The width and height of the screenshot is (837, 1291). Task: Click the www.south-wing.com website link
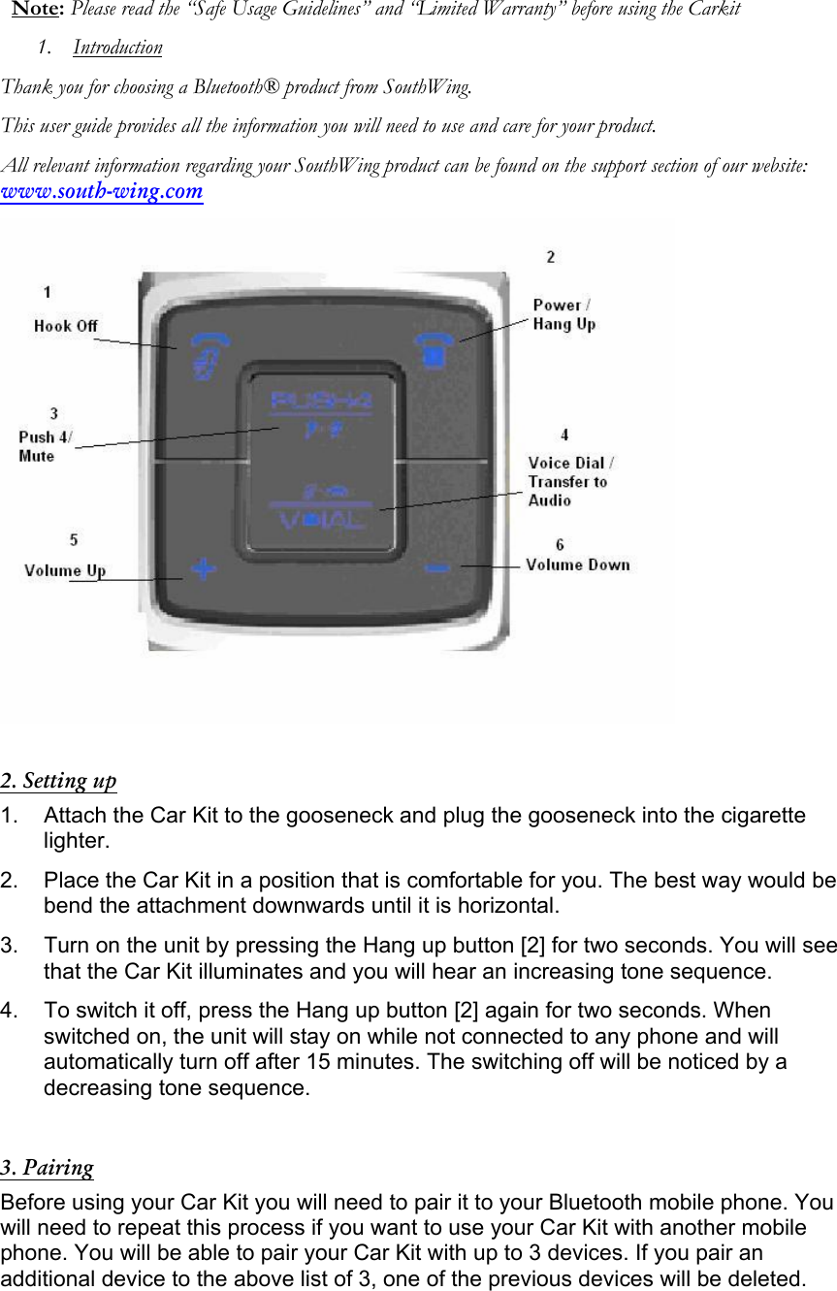tap(102, 191)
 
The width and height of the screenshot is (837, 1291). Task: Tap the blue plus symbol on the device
tap(202, 568)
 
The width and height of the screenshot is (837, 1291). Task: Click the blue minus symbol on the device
tap(437, 567)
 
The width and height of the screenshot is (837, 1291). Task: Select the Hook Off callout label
tap(66, 326)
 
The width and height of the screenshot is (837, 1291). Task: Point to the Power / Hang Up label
tap(563, 314)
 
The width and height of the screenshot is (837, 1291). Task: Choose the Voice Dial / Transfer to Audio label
tap(570, 481)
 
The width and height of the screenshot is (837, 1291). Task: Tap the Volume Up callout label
tap(65, 570)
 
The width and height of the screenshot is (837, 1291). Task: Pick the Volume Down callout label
tap(577, 565)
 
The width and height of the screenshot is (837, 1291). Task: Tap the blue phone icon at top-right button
tap(434, 350)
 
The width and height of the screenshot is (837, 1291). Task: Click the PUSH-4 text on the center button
tap(320, 399)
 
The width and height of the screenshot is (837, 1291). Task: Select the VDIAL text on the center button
tap(323, 520)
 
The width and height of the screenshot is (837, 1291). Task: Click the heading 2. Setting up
tap(58, 781)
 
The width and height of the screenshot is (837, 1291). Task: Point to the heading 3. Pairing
tap(48, 1167)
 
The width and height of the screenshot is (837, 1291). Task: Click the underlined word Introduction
tap(117, 48)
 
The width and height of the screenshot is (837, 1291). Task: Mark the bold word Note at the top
tap(36, 10)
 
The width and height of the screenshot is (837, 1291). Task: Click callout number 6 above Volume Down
tap(560, 545)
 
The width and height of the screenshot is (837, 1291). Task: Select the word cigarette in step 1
tap(760, 816)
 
